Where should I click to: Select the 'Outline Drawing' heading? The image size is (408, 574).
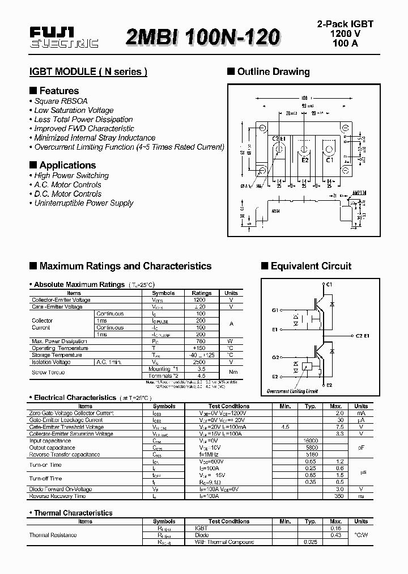coord(273,71)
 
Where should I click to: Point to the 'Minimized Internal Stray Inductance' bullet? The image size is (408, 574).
coord(94,138)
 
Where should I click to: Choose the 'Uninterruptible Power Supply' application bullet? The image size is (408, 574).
coord(83,203)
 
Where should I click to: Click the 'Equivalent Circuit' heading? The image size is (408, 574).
coord(311,266)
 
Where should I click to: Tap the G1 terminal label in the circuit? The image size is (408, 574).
coord(275,310)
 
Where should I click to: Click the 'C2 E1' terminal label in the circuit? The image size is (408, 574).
coord(363,336)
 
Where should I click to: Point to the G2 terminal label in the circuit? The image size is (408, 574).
coord(275,357)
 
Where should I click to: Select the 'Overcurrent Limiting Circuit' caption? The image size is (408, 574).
coord(292,391)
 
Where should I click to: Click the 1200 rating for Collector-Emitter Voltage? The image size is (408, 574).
coord(200,300)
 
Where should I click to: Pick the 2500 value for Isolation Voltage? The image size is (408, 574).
coord(200,362)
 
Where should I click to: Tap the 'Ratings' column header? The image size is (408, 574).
coord(201,293)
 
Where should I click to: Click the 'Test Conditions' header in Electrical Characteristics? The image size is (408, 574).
coord(229,407)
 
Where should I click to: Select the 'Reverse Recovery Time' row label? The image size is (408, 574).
coord(57,496)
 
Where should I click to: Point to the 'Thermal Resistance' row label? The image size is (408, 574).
coord(53,535)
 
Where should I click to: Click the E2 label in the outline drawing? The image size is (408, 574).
coord(305,160)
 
